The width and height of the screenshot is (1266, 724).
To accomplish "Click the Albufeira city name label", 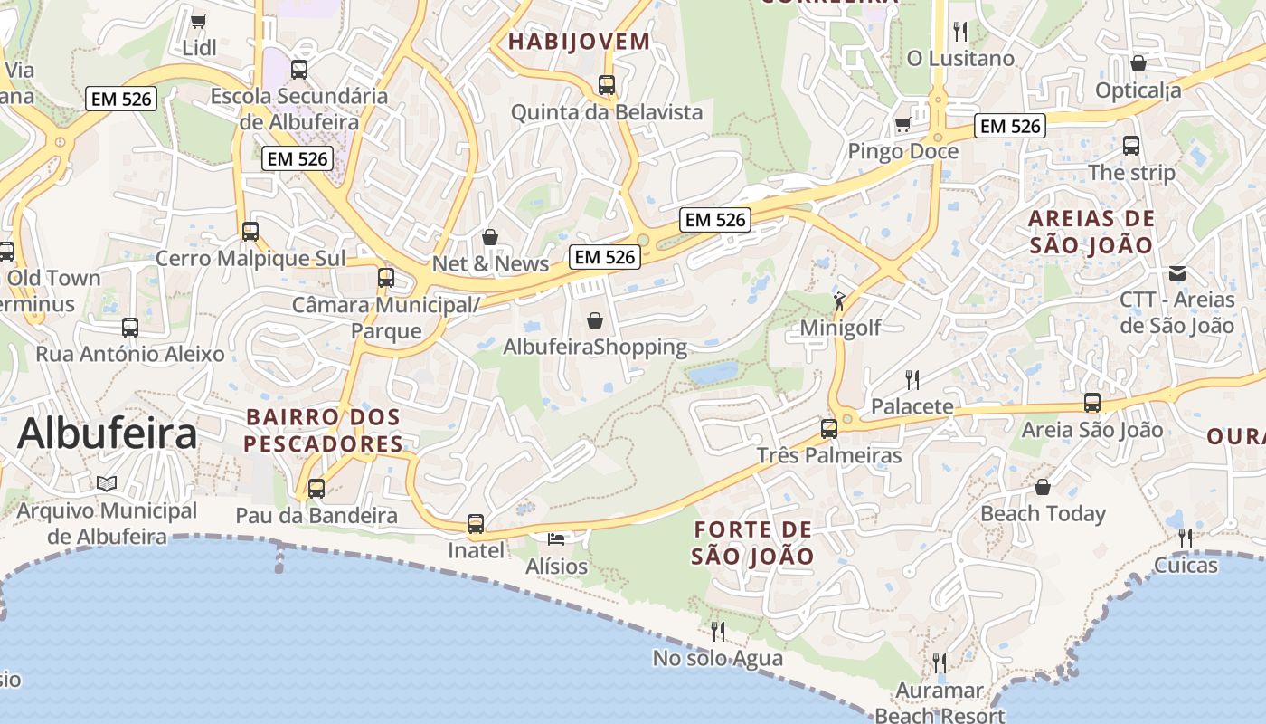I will pos(107,433).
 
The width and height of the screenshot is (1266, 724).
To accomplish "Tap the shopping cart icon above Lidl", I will pos(199,20).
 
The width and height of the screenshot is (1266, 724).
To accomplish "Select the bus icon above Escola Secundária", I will pos(298,69).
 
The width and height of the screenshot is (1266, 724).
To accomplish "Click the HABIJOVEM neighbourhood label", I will pos(579,41).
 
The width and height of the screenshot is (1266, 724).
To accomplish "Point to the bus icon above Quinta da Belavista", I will pos(607,85).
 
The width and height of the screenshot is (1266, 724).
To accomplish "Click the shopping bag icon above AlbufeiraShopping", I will pos(595,320).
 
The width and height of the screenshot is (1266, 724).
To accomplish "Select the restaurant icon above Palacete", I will pos(912,379).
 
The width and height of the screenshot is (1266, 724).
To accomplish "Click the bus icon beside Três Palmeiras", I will pos(829,429).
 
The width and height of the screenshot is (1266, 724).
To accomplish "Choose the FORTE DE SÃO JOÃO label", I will pos(753,542).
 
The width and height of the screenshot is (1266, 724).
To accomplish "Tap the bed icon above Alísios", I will pos(556,539).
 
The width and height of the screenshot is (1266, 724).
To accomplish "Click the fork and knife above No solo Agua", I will pos(718,631).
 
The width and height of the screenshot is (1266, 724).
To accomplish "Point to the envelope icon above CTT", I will pos(1177,272).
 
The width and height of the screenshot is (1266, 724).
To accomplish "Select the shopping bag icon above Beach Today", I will pos(1043,487).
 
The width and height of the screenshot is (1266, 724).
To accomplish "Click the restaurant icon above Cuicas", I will pos(1186,538).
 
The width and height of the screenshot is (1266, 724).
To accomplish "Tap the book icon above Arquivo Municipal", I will pos(107,483).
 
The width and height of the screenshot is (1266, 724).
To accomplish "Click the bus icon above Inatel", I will pos(476,523).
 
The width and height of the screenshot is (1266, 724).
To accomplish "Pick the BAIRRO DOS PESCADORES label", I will pos(323,431).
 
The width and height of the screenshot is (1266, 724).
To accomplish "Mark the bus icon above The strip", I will pos(1130,145).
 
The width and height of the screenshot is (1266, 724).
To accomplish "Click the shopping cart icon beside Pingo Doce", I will pos(902,125).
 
